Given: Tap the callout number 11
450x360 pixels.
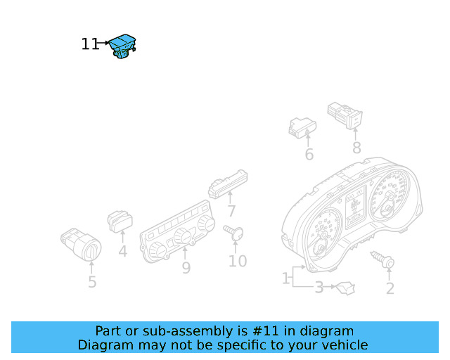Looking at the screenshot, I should point(90,44).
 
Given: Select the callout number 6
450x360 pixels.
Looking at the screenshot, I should point(309,155).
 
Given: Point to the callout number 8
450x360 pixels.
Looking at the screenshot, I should point(356,148).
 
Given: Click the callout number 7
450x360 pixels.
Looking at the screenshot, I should point(231,211).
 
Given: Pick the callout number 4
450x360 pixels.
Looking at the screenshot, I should point(122,250).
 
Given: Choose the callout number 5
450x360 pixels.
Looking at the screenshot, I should point(92,283).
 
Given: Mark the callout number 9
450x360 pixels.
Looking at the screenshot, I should point(186,268).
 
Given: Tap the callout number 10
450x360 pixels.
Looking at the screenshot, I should point(238,262).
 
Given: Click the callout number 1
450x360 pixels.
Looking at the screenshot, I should point(286,279).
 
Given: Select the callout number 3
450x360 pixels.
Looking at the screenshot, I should point(319,287).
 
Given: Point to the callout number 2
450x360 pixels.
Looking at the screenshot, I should point(390,288).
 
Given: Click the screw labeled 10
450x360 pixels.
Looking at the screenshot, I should point(234,232).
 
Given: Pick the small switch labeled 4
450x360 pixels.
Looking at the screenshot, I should point(120,221).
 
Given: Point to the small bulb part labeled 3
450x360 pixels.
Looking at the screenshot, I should point(345,287).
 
